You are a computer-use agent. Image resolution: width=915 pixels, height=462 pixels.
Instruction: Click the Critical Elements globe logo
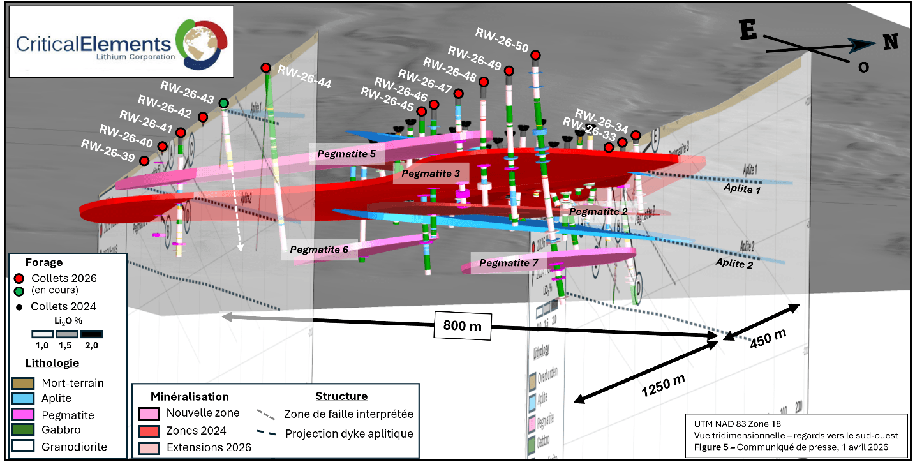(202, 42)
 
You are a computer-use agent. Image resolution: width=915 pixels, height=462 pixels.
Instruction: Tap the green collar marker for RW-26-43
(223, 103)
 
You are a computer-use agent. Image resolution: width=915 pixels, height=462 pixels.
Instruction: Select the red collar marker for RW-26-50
(535, 55)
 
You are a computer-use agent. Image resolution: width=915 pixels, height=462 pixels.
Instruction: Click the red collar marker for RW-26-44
(265, 68)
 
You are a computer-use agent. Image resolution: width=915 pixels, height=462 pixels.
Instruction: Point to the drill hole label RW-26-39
(108, 145)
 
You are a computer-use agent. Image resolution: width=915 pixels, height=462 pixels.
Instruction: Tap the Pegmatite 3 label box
(431, 174)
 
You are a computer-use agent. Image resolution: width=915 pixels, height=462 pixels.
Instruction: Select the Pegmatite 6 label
(319, 250)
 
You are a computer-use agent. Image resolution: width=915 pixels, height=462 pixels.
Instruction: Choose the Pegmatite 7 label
(509, 262)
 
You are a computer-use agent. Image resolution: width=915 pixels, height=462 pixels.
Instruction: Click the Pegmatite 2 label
(598, 211)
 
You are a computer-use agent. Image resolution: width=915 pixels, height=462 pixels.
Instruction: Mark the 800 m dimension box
(463, 325)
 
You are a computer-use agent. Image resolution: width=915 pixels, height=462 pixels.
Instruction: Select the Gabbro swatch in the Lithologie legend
(21, 431)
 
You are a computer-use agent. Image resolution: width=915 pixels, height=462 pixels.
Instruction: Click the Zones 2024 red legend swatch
(149, 430)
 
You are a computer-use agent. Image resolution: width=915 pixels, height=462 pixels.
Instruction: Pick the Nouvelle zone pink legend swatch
(149, 413)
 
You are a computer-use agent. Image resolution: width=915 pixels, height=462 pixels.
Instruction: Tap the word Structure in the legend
(341, 396)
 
